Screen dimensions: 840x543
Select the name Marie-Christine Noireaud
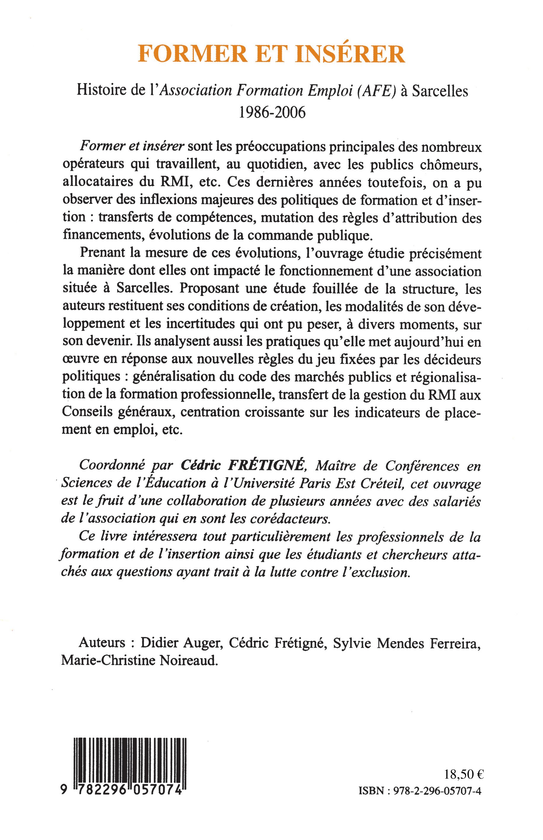pyautogui.click(x=139, y=660)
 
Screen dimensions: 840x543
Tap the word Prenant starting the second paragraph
pyautogui.click(x=102, y=253)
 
